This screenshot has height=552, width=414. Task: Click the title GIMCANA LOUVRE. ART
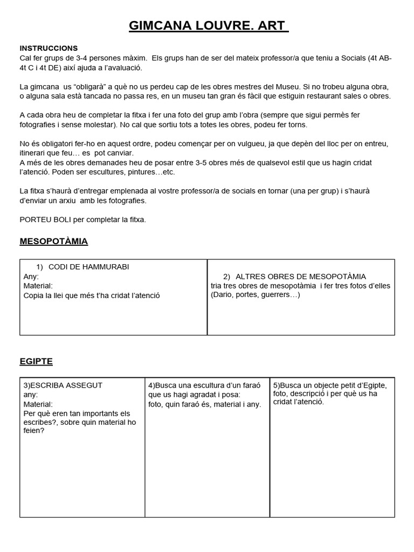click(208, 25)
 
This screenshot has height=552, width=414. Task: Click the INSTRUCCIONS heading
click(49, 48)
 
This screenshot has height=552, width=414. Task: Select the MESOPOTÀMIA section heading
click(53, 241)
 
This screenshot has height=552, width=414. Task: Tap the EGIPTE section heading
click(36, 361)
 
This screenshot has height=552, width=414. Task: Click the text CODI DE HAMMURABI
click(88, 267)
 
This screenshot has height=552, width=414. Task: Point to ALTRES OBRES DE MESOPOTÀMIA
click(301, 277)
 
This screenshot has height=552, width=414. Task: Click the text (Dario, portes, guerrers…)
click(256, 294)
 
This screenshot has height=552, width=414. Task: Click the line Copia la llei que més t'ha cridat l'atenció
click(92, 295)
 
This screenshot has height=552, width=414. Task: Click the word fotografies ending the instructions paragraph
click(128, 201)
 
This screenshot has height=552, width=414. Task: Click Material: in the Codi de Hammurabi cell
click(38, 286)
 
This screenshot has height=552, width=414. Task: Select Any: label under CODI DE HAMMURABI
click(31, 277)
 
